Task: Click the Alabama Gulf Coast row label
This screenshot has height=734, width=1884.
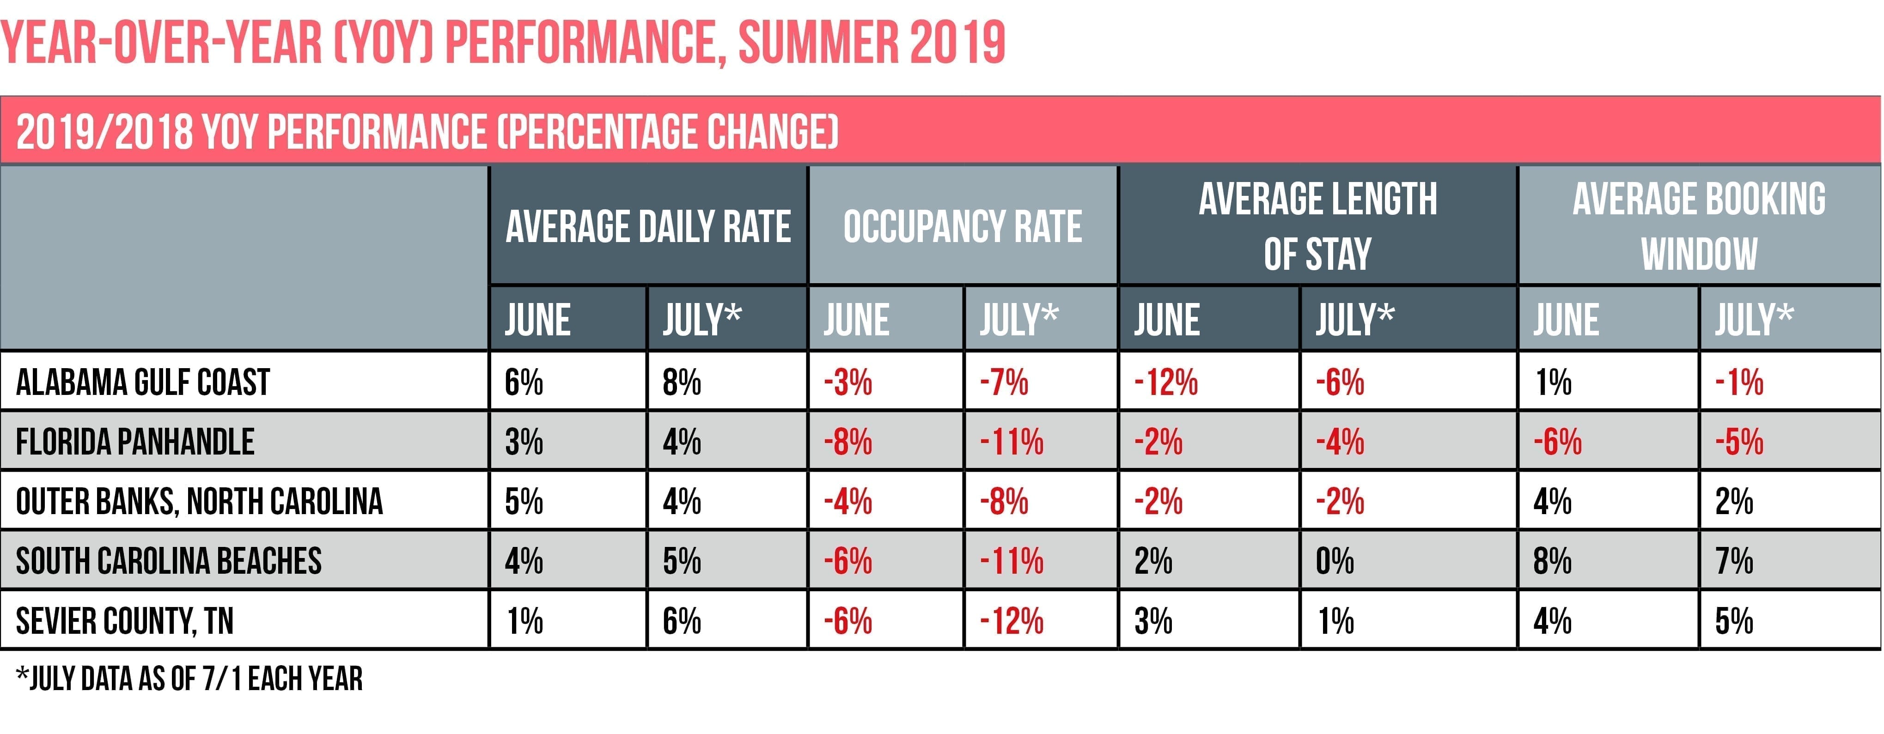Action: (143, 382)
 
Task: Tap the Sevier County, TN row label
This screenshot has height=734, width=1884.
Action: (124, 621)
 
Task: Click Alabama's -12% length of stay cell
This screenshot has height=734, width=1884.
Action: (1166, 382)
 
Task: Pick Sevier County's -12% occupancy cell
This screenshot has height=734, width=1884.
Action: (1012, 621)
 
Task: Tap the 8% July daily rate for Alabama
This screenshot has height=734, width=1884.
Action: (682, 382)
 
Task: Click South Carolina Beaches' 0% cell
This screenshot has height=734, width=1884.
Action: (1335, 561)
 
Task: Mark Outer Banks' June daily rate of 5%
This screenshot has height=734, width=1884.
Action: (524, 502)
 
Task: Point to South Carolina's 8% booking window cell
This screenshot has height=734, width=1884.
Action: (1552, 561)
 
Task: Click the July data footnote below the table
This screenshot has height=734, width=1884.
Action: (189, 679)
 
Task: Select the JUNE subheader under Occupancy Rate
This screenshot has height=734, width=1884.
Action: (856, 320)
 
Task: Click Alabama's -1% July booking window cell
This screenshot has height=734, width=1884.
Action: (1739, 382)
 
